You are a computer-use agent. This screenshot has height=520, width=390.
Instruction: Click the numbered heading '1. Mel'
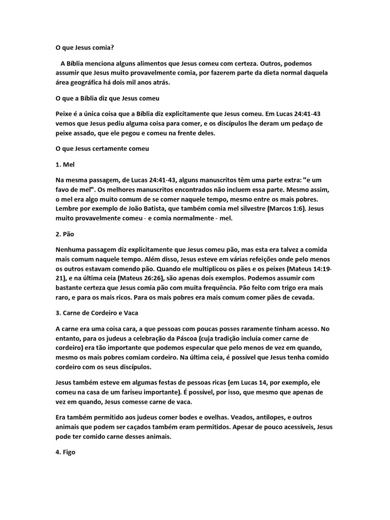[64, 165]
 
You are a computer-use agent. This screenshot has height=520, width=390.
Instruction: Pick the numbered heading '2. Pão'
[65, 235]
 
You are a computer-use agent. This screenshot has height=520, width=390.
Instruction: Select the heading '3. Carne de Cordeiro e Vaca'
[96, 313]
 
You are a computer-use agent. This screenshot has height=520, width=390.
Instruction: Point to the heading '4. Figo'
[65, 451]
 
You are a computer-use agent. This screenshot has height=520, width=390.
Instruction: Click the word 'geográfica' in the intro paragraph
[87, 82]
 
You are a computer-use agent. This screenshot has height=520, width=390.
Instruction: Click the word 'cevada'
[302, 298]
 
